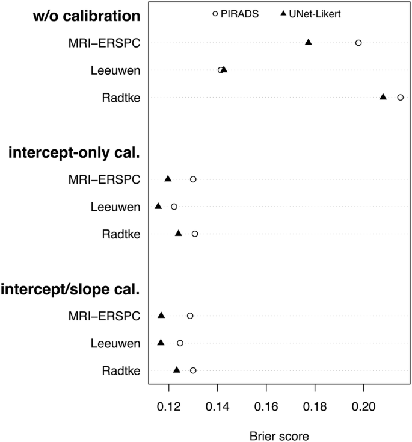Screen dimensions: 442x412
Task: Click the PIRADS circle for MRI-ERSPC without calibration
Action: coord(358,43)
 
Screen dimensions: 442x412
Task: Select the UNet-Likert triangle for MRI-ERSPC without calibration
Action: coord(309,42)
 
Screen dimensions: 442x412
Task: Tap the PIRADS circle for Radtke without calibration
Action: coord(400,97)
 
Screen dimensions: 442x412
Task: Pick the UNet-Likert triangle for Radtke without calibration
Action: coord(383,97)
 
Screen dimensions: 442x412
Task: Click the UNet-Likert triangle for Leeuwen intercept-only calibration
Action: coord(158,206)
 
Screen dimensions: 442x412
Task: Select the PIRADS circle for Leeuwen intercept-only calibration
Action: coord(174,207)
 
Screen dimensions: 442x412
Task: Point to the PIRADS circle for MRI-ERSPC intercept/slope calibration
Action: coord(190,316)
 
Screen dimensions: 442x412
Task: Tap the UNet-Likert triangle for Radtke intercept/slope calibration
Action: coord(177,370)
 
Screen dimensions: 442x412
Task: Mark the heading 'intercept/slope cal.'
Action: coord(70,289)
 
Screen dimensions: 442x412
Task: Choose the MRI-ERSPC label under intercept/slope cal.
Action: coord(104,316)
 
